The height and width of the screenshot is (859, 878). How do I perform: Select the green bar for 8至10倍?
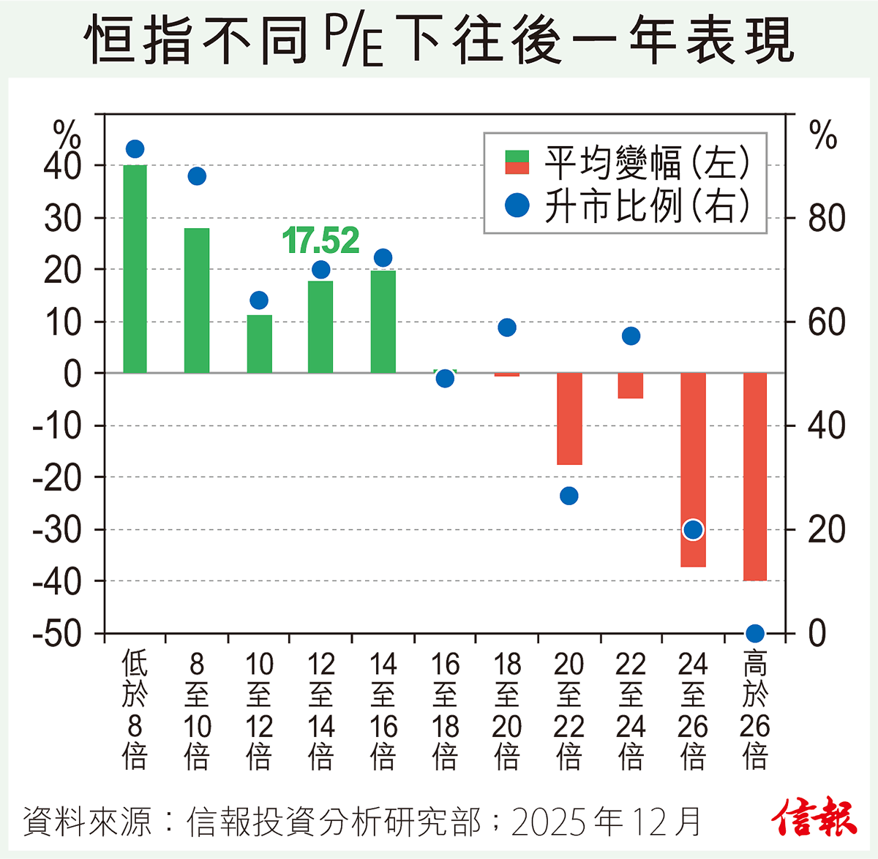pos(197,300)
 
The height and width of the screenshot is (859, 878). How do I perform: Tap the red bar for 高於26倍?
pos(754,476)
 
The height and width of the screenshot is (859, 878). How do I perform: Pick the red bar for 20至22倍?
pos(569,418)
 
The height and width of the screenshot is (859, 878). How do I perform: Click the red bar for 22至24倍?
pos(631,385)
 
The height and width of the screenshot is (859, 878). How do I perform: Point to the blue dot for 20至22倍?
pos(569,496)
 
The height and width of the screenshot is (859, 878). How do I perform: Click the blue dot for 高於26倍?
pos(755,633)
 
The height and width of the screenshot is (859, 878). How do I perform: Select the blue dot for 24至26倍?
pos(693,529)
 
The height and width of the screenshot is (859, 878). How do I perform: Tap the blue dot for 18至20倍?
pos(507,328)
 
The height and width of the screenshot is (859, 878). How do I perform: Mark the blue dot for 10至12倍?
pos(259,300)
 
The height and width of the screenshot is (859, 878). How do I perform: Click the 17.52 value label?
pos(320,241)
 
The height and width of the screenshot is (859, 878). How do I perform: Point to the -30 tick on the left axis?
pos(57,530)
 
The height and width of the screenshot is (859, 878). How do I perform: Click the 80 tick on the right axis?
pos(827,219)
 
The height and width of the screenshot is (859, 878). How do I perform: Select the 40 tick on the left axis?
pos(63,167)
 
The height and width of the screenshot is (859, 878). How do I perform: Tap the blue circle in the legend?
pos(517,205)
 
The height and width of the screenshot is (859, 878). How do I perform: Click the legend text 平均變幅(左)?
pos(647,162)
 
